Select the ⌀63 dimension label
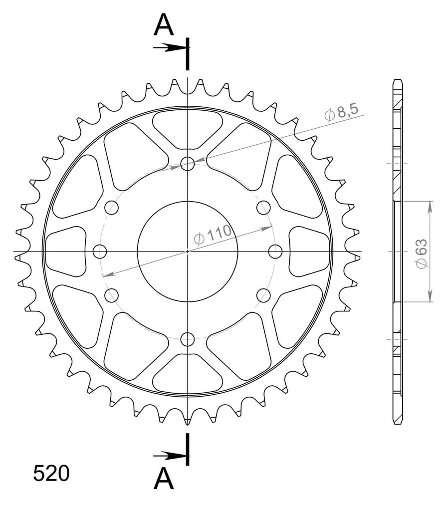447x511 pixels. tap(422, 254)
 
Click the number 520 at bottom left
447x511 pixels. tap(51, 474)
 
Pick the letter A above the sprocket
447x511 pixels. tap(164, 25)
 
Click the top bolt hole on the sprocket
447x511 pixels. tap(188, 163)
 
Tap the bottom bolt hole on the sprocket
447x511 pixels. tap(188, 339)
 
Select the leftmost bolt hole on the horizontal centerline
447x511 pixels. tap(100, 252)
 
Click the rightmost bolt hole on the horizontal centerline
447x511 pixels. tap(275, 252)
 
